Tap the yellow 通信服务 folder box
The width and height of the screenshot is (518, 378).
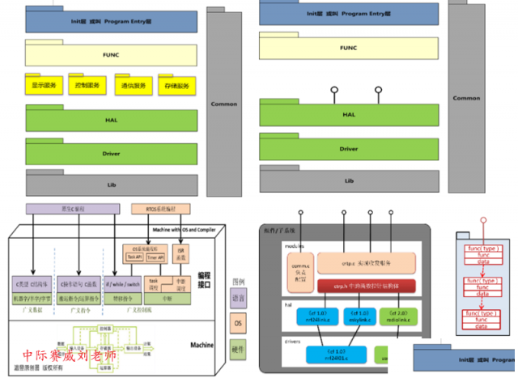[x=134, y=84]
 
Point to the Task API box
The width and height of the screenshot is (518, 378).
[x=134, y=257]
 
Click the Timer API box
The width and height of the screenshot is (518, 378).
[x=155, y=257]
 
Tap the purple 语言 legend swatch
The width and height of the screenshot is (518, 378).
[x=238, y=299]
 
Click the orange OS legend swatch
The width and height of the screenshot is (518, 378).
[x=238, y=324]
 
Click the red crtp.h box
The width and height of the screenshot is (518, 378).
[x=359, y=286]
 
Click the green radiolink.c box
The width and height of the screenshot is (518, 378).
[x=397, y=316]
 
